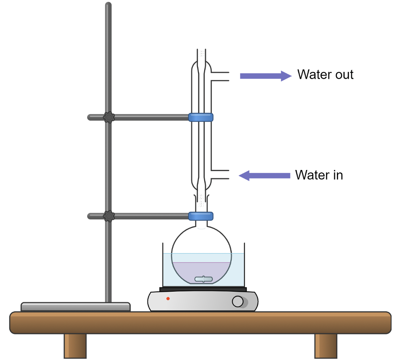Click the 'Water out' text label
pyautogui.click(x=325, y=75)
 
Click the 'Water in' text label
pyautogui.click(x=319, y=175)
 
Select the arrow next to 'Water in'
pyautogui.click(x=265, y=176)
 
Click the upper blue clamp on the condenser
pyautogui.click(x=201, y=117)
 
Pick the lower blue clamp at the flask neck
pyautogui.click(x=201, y=216)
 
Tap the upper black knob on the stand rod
pyautogui.click(x=108, y=117)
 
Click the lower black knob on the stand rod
pyautogui.click(x=108, y=216)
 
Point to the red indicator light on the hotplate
pyautogui.click(x=168, y=299)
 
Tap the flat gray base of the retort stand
pyautogui.click(x=76, y=307)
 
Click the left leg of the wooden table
pyautogui.click(x=75, y=346)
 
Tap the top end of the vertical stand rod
pyautogui.click(x=108, y=6)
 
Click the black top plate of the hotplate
pyautogui.click(x=203, y=289)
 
